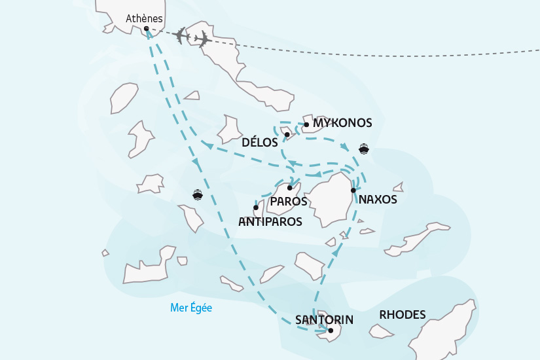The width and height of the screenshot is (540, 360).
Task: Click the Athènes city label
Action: click(144, 19)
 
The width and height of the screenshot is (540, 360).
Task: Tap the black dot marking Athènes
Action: click(147, 29)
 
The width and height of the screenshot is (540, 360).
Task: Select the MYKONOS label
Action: click(342, 123)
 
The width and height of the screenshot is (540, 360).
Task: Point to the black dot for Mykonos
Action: click(306, 124)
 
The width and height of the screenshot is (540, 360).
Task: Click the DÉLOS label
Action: click(259, 141)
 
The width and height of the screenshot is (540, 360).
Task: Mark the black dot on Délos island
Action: click(287, 135)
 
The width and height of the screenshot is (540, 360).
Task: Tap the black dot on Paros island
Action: click(289, 188)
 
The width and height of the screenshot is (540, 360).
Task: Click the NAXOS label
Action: click(378, 200)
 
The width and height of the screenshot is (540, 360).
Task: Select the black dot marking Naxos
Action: click(353, 190)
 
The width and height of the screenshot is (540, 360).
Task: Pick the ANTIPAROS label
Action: click(270, 222)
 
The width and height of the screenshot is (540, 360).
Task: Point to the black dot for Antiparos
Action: click(255, 207)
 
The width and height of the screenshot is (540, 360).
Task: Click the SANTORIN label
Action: click(324, 319)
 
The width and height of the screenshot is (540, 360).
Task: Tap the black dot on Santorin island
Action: click(331, 331)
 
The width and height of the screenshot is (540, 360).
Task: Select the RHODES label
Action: click(402, 315)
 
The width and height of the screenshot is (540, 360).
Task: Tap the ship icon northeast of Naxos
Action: click(363, 149)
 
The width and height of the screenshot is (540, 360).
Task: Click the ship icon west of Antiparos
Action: click(197, 194)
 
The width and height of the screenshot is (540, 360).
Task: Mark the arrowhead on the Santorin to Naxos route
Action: click(336, 252)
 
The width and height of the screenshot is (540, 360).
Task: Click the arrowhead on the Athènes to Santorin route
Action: click(194, 161)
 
